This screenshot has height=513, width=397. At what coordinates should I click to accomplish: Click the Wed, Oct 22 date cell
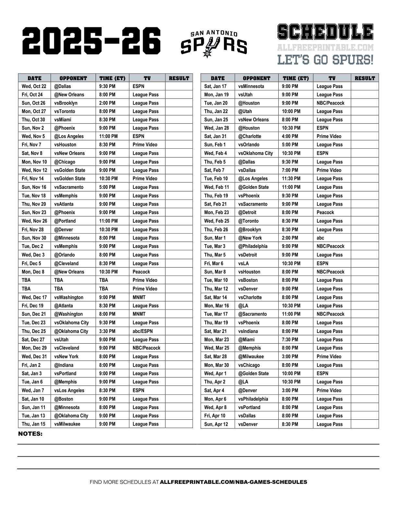tap(34, 86)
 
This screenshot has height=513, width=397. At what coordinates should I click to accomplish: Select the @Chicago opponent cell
tap(65, 162)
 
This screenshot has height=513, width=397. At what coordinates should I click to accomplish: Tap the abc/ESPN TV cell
tap(142, 331)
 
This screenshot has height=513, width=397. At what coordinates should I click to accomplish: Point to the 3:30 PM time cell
tap(107, 331)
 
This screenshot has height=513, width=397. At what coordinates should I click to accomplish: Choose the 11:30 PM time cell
tap(291, 179)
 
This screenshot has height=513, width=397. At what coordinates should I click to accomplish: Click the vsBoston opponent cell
tap(248, 280)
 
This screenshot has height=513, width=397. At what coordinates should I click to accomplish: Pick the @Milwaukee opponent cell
tap(251, 357)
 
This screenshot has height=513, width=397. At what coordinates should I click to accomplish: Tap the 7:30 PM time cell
tap(290, 340)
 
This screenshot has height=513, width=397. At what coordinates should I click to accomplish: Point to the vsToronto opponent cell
tap(65, 111)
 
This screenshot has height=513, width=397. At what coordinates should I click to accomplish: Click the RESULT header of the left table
tap(179, 78)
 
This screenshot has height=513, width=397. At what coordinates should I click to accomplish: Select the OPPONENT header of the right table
tap(256, 78)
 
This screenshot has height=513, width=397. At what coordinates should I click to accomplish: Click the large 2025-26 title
tap(92, 41)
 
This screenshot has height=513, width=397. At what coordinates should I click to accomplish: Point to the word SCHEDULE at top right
tap(325, 32)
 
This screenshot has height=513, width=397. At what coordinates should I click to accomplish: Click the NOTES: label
tap(30, 434)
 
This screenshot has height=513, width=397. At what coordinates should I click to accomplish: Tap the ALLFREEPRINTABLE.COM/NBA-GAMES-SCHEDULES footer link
tap(234, 482)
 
